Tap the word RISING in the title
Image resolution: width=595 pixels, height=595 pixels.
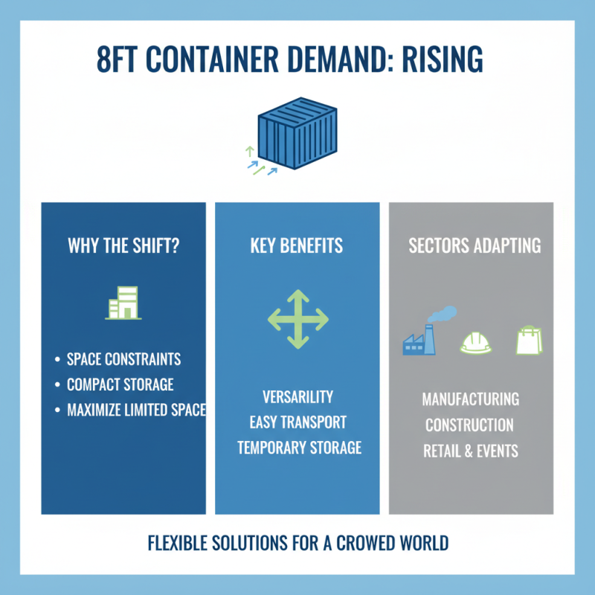tap(442, 59)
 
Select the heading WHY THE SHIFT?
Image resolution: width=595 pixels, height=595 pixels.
tap(123, 246)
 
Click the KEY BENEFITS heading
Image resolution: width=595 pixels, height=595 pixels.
tap(297, 246)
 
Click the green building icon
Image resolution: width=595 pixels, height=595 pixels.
tap(123, 303)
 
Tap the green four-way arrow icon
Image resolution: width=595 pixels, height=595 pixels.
tap(297, 320)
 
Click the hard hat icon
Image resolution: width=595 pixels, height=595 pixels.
tap(475, 342)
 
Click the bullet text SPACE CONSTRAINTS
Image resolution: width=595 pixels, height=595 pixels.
tap(123, 359)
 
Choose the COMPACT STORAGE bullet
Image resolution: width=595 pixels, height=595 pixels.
tap(120, 385)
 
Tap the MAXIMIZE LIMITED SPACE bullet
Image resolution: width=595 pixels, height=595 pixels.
tap(135, 409)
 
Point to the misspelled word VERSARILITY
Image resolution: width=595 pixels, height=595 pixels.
tap(297, 396)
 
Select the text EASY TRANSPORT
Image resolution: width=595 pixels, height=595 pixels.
tap(297, 422)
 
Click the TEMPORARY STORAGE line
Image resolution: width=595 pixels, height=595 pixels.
tap(299, 447)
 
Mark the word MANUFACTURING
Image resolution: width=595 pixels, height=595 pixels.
tap(471, 399)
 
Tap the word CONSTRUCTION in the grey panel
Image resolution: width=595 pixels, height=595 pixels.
tap(469, 425)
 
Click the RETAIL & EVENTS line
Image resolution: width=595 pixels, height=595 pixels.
tap(471, 451)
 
